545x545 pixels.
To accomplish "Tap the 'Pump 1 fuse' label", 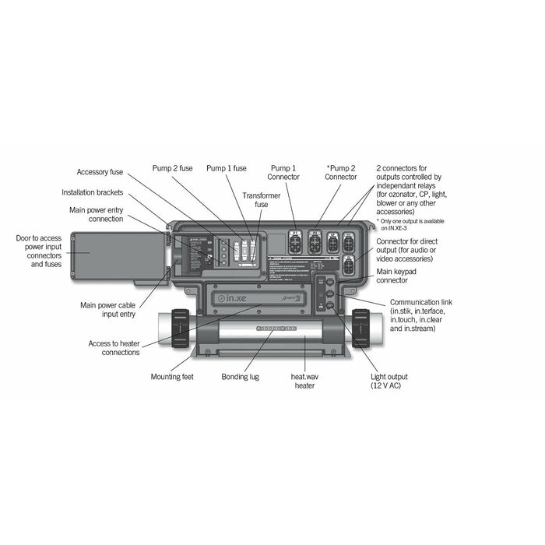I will pyautogui.click(x=227, y=167).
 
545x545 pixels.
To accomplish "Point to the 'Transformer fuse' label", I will pyautogui.click(x=256, y=199).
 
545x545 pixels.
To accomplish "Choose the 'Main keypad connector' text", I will pyautogui.click(x=397, y=276).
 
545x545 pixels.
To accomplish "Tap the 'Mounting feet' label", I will pyautogui.click(x=172, y=377).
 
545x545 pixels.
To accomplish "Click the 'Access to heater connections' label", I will pyautogui.click(x=114, y=347).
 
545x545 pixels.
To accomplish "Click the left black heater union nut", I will pyautogui.click(x=179, y=329).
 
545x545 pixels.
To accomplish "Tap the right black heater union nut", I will pyautogui.click(x=360, y=328).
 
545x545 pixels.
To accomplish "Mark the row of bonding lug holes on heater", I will pyautogui.click(x=272, y=329).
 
